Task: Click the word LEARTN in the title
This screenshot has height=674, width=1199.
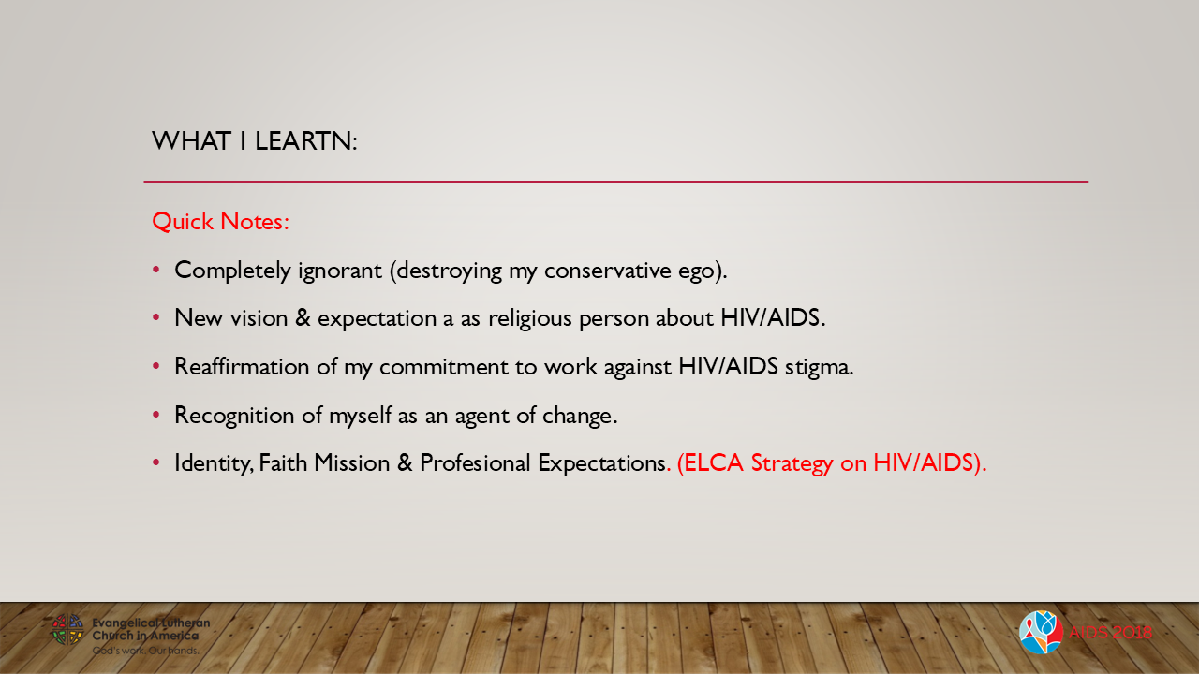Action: [x=304, y=141]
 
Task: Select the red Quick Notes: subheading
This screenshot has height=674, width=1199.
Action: [x=220, y=221]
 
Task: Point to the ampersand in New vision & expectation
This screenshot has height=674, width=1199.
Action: [x=303, y=317]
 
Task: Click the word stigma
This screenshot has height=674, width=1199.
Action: [x=820, y=366]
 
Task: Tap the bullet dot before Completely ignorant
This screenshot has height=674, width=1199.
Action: [x=157, y=270]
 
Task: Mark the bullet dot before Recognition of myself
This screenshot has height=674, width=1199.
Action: [x=157, y=415]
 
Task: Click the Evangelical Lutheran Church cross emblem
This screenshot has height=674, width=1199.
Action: [x=67, y=629]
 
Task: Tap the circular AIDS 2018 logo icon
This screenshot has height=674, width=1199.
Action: [x=1040, y=632]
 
